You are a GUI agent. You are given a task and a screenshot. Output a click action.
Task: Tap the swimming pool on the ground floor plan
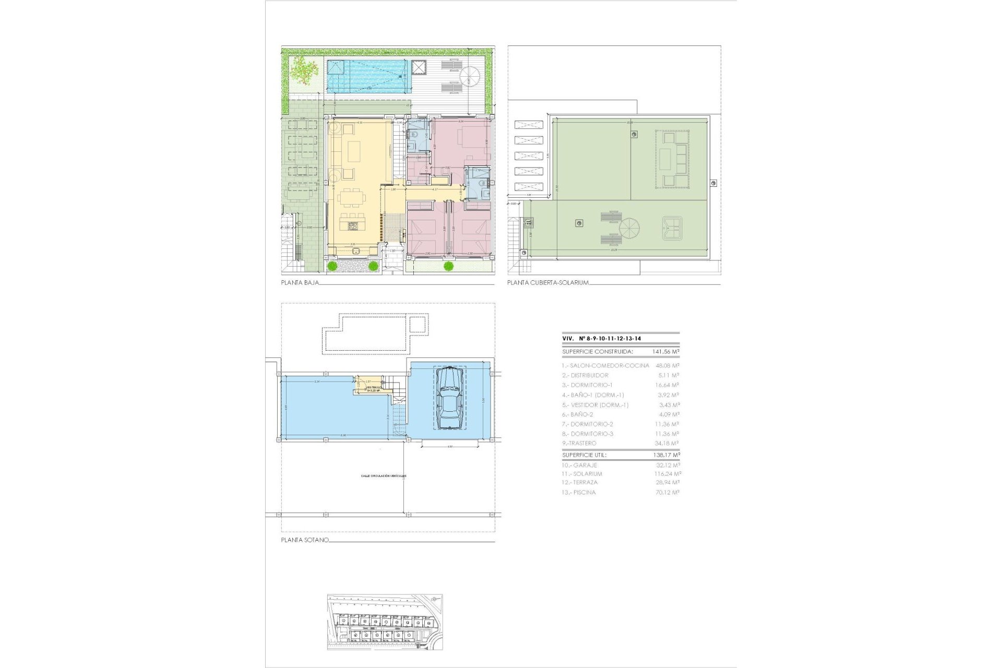pos(367,76)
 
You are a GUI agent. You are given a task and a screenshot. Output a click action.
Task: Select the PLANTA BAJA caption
pos(300,282)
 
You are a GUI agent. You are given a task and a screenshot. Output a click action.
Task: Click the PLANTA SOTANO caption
pos(305,540)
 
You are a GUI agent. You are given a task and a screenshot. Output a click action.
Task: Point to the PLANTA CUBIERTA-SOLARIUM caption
pos(548,282)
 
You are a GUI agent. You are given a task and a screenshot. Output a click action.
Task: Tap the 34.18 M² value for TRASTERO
pos(667,443)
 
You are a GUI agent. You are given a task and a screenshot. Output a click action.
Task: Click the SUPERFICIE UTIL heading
pos(584,455)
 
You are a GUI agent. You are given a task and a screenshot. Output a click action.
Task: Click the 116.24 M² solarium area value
pos(668,474)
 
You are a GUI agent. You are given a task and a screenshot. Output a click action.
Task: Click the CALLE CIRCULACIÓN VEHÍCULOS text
pos(383,476)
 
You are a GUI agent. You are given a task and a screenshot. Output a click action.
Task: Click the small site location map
pos(385,622)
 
